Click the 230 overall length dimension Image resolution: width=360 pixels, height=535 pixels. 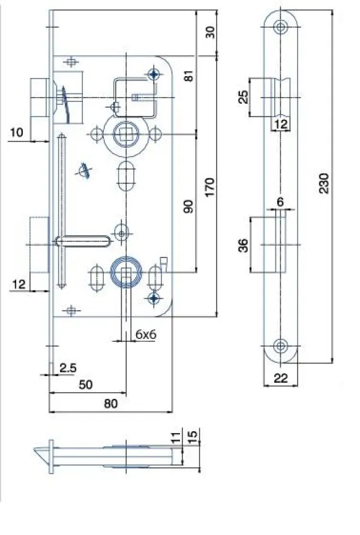[x=324, y=184]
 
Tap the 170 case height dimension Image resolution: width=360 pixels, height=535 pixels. [x=209, y=187]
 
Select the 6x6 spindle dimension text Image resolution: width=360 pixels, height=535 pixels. [x=146, y=335]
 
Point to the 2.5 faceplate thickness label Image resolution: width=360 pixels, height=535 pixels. [x=68, y=368]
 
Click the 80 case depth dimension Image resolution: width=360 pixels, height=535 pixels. [x=110, y=404]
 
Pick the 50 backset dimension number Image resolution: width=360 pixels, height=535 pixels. [x=85, y=385]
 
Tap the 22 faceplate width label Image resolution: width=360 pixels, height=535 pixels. [x=280, y=378]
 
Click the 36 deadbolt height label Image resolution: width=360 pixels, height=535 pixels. [x=243, y=245]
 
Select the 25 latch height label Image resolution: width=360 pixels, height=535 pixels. [x=243, y=97]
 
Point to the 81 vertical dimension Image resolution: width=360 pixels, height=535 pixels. [x=188, y=76]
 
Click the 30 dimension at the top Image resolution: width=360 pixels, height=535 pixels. [x=210, y=32]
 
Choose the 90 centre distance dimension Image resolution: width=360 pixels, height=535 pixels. [x=188, y=206]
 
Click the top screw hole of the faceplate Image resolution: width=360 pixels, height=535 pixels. [x=280, y=26]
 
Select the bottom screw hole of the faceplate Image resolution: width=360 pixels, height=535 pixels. [x=280, y=346]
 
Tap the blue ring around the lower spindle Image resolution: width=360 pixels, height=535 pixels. [x=126, y=272]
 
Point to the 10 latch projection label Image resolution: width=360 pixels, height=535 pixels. [x=16, y=132]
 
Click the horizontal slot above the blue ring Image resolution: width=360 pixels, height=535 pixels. [x=83, y=241]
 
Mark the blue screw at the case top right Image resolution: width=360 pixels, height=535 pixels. [x=154, y=74]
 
